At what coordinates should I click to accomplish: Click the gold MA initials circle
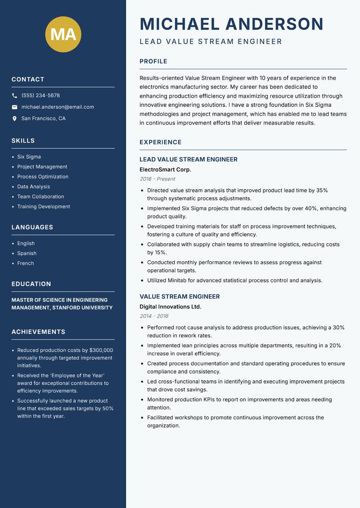point(63,34)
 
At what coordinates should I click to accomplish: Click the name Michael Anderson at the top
point(231,24)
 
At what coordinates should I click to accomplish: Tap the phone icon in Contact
point(14,96)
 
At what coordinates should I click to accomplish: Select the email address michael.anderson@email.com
point(58,107)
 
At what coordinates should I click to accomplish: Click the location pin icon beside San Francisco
point(14,119)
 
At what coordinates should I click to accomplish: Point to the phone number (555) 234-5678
point(40,96)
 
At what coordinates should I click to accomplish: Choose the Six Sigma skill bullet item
point(29,157)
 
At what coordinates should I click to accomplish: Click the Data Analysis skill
point(33,187)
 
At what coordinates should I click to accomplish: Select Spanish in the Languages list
point(27,254)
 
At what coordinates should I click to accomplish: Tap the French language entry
point(25,263)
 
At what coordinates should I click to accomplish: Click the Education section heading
point(31,284)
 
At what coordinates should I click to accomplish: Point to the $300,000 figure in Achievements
point(101,350)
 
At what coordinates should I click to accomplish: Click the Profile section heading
point(153,62)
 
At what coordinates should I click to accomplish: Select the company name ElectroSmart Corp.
point(165,169)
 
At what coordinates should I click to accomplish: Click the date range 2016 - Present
point(157,179)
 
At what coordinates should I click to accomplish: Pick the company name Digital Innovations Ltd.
point(170,307)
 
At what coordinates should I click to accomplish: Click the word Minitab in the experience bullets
point(179,281)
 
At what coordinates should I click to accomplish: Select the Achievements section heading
point(38,332)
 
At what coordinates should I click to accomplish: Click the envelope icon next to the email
point(14,107)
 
